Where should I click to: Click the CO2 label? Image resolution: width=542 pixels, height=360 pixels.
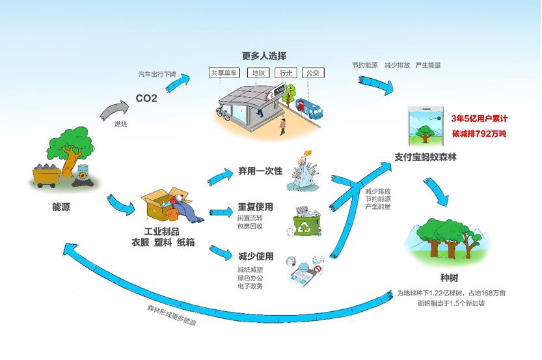tap(146, 99)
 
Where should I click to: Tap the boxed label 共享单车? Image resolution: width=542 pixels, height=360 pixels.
tap(223, 73)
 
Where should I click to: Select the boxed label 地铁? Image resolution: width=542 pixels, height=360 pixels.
tap(260, 73)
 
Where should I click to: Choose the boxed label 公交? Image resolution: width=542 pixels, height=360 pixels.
tap(313, 73)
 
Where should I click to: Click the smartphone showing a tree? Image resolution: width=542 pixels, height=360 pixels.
tap(424, 126)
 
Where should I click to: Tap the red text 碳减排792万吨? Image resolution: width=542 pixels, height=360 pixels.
tap(479, 133)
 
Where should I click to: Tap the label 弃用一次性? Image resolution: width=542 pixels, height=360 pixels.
tap(260, 171)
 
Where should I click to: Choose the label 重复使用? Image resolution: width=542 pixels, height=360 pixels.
tap(255, 207)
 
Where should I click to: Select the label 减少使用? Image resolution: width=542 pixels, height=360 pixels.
tap(255, 256)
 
